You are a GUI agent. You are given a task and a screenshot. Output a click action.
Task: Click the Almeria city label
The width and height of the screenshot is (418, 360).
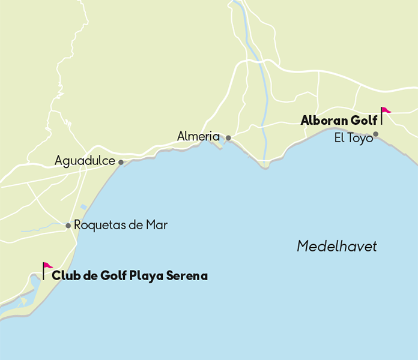(198, 137)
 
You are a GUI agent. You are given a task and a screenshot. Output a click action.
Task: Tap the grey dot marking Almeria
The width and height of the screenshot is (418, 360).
(228, 138)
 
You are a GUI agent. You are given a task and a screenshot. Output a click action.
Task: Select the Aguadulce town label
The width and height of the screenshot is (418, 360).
(85, 161)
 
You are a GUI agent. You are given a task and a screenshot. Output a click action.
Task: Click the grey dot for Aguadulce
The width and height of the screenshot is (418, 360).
(121, 162)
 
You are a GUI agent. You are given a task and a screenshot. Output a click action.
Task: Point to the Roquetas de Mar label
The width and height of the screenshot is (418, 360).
(121, 225)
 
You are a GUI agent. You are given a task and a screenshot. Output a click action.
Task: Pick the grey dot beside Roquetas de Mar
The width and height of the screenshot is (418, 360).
(68, 226)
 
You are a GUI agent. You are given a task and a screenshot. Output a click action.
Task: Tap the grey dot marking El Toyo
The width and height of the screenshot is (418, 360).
(376, 134)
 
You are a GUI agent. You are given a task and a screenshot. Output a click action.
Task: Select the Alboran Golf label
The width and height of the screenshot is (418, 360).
(339, 121)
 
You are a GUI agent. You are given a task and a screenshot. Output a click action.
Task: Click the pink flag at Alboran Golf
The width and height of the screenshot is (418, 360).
(386, 110)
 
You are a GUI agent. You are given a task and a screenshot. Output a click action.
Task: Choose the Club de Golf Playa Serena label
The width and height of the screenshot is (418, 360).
(130, 276)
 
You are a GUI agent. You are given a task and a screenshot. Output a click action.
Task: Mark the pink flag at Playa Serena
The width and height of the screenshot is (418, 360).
(47, 266)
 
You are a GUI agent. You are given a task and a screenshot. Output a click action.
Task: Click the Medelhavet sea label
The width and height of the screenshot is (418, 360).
(337, 246)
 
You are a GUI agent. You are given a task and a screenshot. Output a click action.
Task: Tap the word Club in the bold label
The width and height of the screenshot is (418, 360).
(64, 276)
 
